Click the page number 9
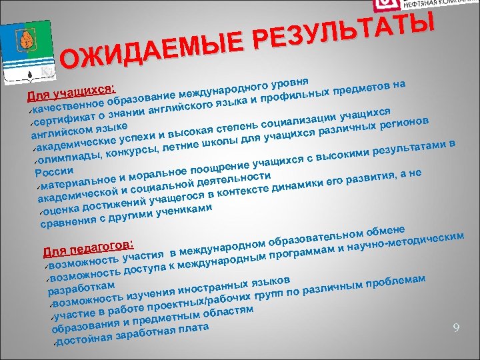tap(456, 327)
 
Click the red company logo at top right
tap(385, 5)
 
